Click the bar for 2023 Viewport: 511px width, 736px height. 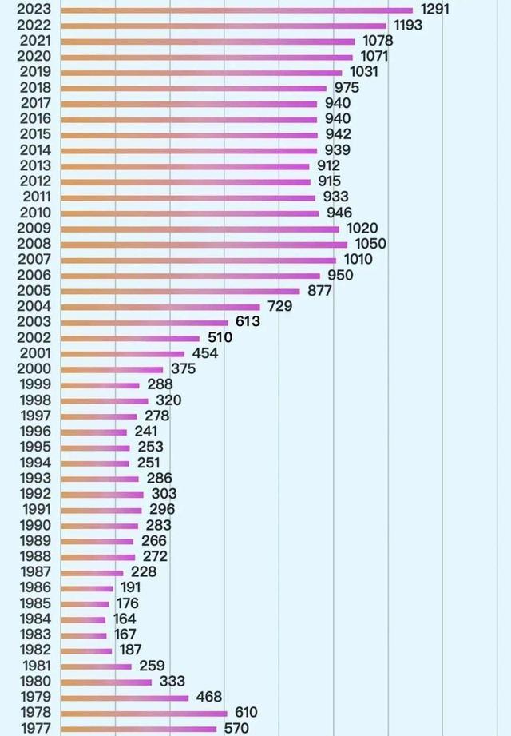236,10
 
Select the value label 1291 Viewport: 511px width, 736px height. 435,9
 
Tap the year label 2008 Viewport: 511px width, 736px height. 34,244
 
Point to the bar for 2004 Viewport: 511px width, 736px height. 160,307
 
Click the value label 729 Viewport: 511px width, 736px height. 279,306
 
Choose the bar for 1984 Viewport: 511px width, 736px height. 83,619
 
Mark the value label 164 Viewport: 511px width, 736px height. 125,619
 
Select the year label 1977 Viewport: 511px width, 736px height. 34,728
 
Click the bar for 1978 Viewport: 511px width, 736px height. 144,713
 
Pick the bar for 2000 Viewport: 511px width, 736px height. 112,369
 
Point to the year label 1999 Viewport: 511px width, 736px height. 34,384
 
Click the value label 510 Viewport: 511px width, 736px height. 215,337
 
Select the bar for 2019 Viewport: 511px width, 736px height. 201,73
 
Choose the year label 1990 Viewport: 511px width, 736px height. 34,525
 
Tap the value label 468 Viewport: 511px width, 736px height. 209,697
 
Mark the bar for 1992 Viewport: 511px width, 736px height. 102,495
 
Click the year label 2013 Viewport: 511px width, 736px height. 34,165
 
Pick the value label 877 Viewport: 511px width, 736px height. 319,291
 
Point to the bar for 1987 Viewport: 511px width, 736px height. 92,572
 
